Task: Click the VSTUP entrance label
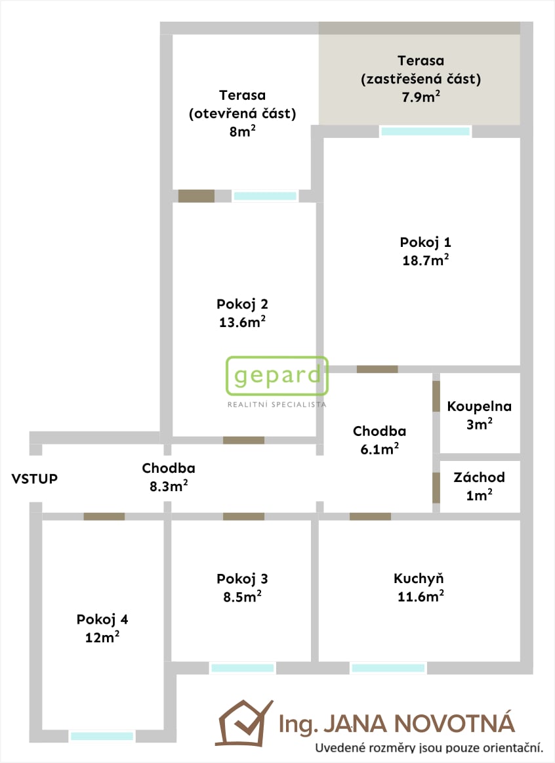(35, 479)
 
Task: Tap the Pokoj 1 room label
(425, 242)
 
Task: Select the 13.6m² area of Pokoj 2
(242, 322)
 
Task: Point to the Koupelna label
(479, 407)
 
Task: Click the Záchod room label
(479, 477)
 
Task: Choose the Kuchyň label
(419, 578)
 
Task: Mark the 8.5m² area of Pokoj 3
(242, 596)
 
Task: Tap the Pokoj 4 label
(102, 619)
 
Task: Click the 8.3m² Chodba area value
(169, 486)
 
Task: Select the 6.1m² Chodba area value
(380, 448)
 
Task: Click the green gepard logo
(277, 376)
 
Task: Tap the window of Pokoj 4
(102, 735)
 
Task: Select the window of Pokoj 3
(243, 668)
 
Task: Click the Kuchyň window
(388, 668)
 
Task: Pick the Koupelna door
(436, 396)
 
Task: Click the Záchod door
(436, 488)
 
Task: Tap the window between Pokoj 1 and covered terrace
(425, 131)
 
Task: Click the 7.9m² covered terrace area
(421, 97)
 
